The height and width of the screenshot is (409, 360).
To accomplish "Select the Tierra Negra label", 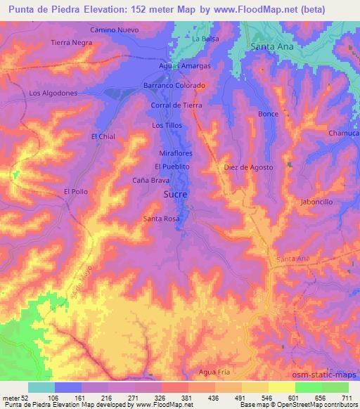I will coord(72,43).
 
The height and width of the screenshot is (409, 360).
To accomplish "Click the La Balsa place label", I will coord(206,38).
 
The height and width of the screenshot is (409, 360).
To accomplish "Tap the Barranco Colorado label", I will coord(174,85).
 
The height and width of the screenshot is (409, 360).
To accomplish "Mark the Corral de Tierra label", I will coord(176,105).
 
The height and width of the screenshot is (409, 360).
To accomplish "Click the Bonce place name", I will coord(268,114).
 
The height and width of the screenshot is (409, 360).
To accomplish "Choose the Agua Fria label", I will coord(214,371).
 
